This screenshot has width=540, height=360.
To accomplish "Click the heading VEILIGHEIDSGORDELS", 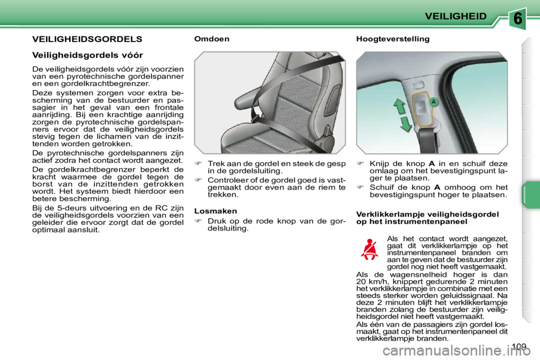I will pyautogui.click(x=87, y=39).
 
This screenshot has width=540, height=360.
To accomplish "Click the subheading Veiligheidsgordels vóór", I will pyautogui.click(x=87, y=55).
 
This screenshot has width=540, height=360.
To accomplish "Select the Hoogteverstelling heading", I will pyautogui.click(x=393, y=39).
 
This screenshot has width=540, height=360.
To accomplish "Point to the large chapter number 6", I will pyautogui.click(x=519, y=19).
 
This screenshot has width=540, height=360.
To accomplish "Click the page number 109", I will pyautogui.click(x=520, y=346).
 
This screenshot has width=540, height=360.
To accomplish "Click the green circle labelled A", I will pyautogui.click(x=434, y=102).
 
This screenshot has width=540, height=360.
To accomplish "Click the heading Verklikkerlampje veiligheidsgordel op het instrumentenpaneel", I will pyautogui.click(x=427, y=218).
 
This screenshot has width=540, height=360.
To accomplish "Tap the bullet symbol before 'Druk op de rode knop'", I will pyautogui.click(x=198, y=221).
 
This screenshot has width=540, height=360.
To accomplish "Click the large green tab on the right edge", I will pyautogui.click(x=529, y=195).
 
